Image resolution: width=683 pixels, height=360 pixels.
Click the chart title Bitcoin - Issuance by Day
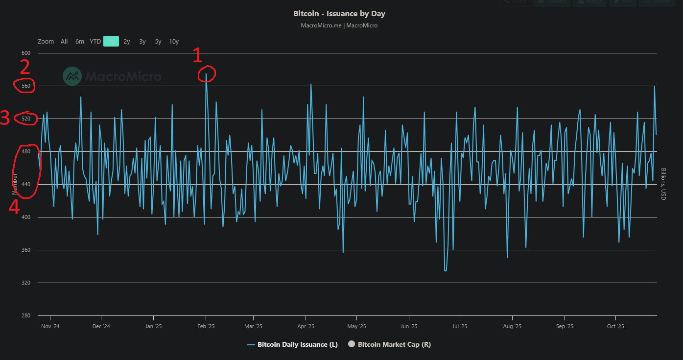[339, 14]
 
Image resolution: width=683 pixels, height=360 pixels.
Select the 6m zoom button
[80, 42]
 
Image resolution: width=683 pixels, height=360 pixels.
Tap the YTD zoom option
[95, 42]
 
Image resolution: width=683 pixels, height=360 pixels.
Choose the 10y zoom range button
[174, 42]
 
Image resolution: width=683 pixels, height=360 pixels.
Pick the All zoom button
[64, 42]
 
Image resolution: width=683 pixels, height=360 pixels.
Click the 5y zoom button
[158, 42]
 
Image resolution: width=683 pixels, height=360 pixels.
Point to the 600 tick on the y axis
[26, 53]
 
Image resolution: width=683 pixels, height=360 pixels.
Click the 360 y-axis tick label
[26, 250]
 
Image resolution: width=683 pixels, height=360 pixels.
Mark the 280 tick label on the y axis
[26, 315]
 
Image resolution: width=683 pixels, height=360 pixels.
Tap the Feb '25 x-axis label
[206, 326]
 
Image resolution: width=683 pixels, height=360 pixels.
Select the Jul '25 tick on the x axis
[460, 326]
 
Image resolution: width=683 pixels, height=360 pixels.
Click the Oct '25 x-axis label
[615, 326]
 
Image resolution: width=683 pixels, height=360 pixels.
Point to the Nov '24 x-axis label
[50, 326]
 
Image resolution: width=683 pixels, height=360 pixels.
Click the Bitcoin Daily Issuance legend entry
[292, 344]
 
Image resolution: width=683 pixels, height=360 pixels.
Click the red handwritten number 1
[197, 55]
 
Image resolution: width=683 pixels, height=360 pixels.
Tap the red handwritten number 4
[15, 208]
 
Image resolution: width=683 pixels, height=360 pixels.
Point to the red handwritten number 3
[5, 119]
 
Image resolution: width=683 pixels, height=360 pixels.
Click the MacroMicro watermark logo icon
[72, 76]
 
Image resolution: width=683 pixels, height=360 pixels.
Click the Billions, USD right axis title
[663, 184]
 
